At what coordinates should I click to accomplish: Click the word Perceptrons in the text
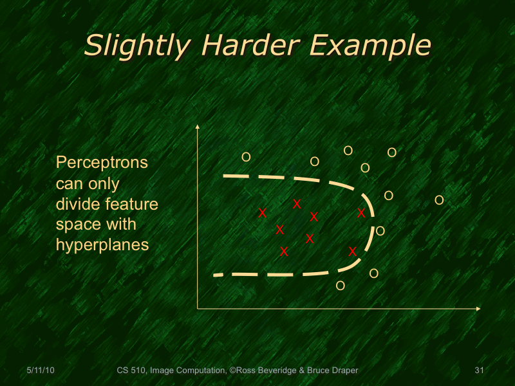pos(102,163)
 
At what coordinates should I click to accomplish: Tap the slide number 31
pos(478,371)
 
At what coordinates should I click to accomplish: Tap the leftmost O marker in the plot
pos(245,157)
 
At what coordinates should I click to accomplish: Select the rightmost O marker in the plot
pos(439,200)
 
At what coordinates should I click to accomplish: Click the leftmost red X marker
pos(262,213)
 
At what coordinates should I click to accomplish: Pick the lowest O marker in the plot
pos(341,286)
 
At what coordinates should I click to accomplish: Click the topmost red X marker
pos(297,204)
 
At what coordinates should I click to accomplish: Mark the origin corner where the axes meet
pos(197,309)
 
